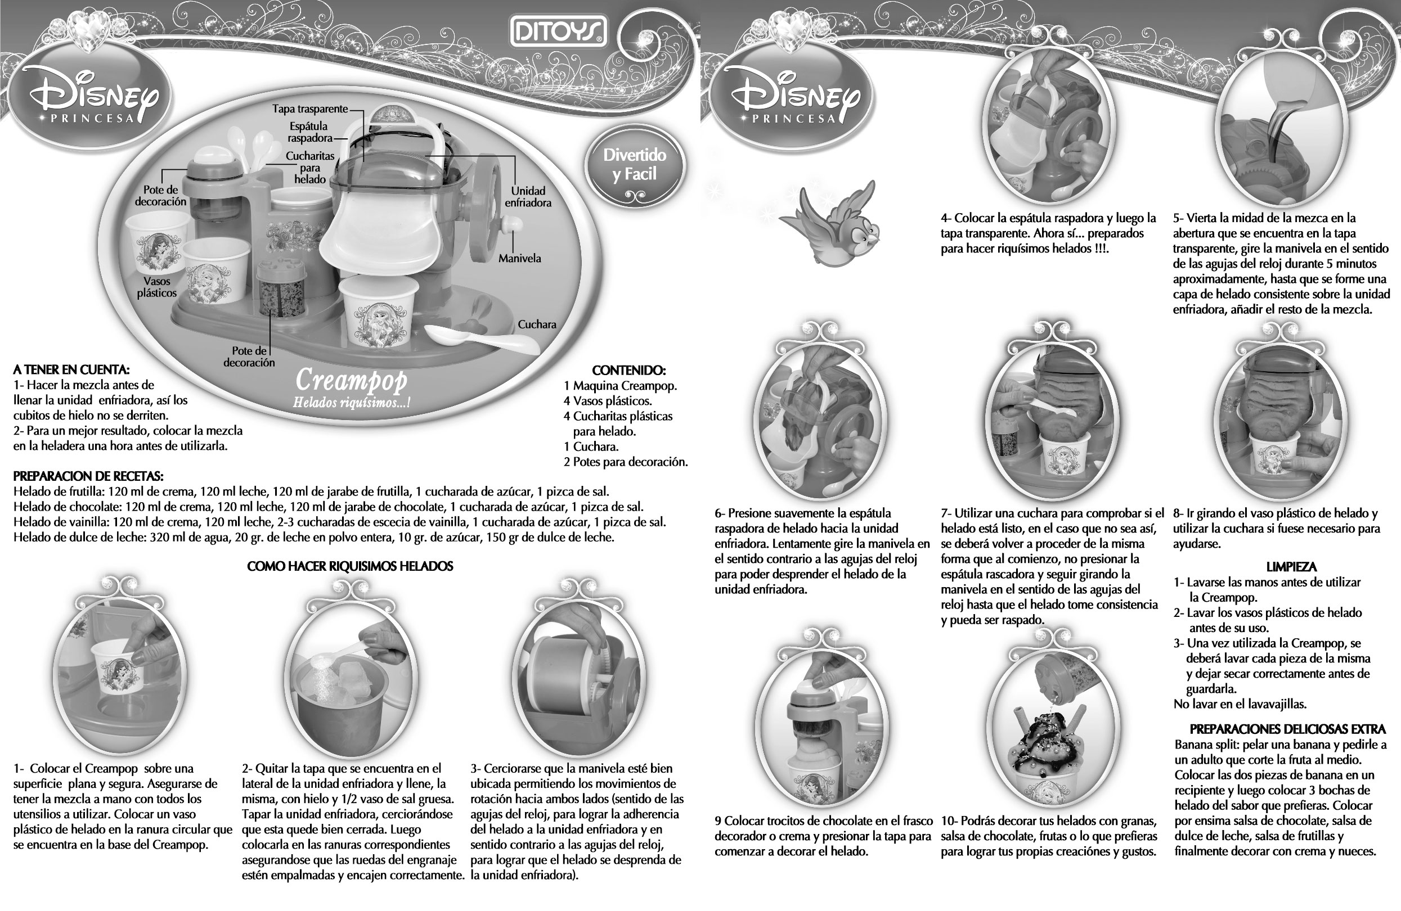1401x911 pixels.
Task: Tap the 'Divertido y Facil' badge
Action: point(635,165)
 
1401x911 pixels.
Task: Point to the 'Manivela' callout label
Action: point(519,258)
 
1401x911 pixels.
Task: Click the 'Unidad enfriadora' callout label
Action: point(528,197)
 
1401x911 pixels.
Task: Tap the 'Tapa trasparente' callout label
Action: point(309,109)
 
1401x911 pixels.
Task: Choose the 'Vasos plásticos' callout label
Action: point(156,287)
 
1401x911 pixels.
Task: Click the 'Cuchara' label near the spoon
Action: point(537,324)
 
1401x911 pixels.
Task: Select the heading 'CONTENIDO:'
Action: point(628,370)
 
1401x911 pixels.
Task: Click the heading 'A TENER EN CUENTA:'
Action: point(71,369)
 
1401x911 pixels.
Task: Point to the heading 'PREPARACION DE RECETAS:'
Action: point(88,476)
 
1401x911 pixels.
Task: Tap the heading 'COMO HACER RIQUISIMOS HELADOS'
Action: point(350,566)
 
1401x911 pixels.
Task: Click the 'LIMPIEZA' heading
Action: point(1291,567)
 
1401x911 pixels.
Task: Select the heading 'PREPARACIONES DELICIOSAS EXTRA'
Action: point(1288,729)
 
